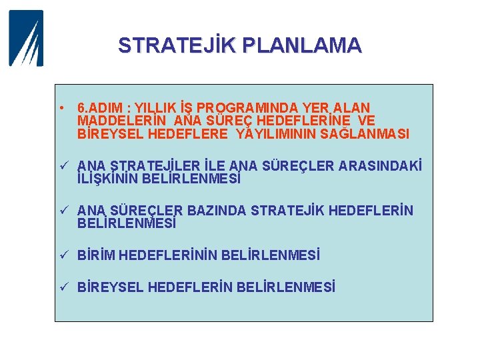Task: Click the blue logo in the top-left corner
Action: (x=26, y=38)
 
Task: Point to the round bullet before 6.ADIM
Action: (x=61, y=107)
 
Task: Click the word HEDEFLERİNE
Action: (x=299, y=121)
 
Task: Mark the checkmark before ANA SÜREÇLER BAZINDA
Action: (x=61, y=211)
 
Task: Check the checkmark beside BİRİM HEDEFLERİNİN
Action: (x=61, y=255)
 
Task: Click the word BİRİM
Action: (x=97, y=255)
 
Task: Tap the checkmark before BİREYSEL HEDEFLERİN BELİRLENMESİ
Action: (x=61, y=287)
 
